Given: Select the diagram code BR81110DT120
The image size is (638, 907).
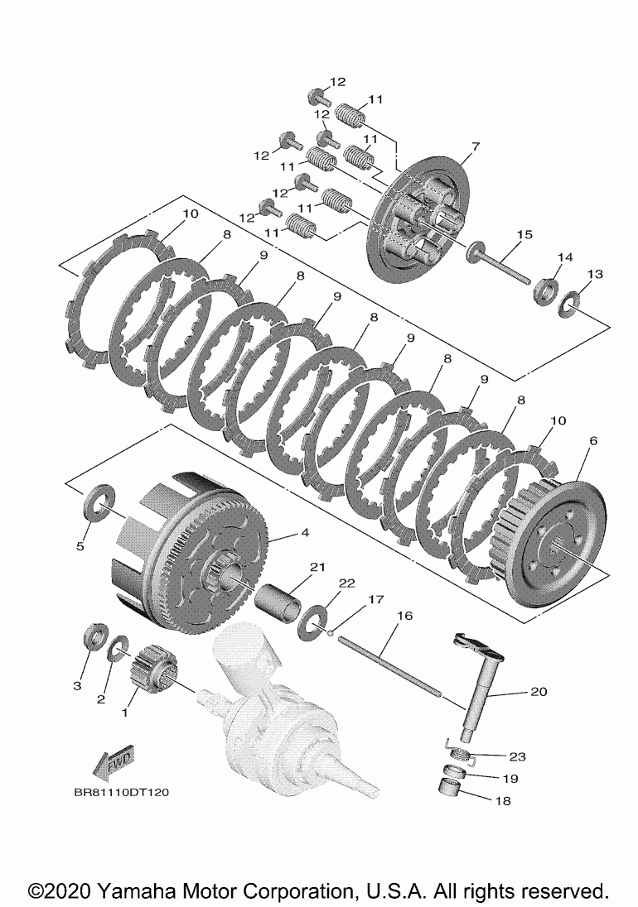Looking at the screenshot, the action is click(121, 792).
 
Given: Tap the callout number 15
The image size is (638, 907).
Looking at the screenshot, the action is click(523, 235).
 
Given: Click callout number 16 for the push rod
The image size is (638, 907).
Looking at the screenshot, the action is click(404, 616).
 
